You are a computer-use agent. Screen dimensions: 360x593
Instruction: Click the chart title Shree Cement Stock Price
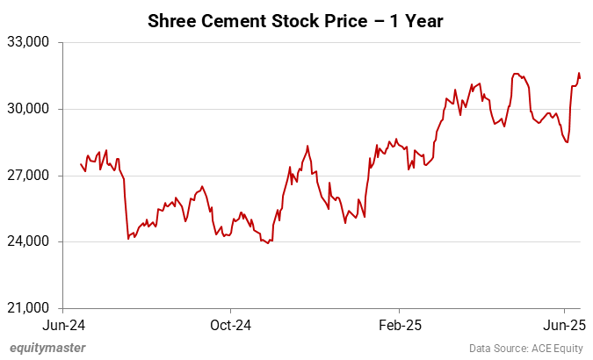tap(296, 18)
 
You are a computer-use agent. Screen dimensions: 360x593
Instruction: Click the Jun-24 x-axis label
tap(62, 325)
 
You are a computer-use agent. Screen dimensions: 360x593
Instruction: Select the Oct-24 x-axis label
tap(230, 325)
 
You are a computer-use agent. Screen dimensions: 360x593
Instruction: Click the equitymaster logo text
tap(47, 348)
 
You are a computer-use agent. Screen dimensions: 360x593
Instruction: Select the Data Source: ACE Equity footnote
tap(526, 349)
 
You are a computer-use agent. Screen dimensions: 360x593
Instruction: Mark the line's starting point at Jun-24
tap(81, 164)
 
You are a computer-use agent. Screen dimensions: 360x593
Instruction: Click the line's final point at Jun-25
tap(580, 78)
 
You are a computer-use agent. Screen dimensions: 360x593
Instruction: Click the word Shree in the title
tap(170, 18)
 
